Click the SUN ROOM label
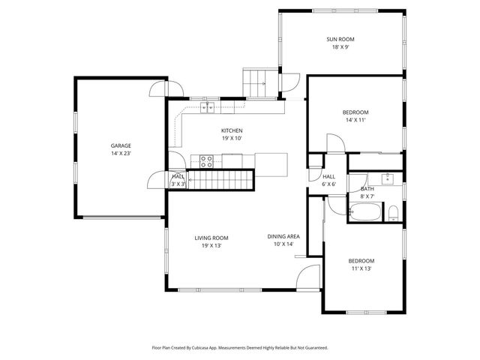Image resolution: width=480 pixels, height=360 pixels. click(340, 38)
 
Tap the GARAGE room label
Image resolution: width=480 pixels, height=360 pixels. click(121, 145)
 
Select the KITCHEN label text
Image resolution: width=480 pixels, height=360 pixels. click(232, 130)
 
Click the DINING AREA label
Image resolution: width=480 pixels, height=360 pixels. click(283, 236)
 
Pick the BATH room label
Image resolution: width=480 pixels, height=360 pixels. click(367, 189)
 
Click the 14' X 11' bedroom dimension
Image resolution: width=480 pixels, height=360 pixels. click(356, 120)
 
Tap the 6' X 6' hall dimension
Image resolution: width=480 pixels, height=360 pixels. click(329, 184)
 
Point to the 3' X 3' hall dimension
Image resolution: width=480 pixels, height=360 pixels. click(178, 184)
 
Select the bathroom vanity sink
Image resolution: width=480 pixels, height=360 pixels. click(388, 178)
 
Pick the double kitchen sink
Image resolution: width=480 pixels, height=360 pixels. click(206, 108)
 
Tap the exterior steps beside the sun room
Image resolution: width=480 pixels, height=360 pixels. click(255, 81)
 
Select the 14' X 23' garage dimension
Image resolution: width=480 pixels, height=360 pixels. click(121, 153)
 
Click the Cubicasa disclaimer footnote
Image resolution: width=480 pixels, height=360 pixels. click(240, 347)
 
